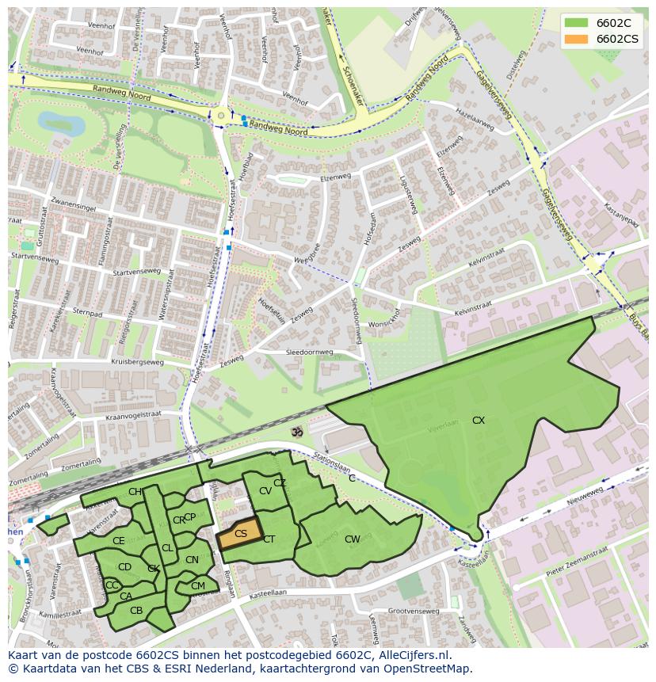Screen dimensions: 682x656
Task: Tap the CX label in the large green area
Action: coord(479,421)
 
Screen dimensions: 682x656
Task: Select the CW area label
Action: coord(353,539)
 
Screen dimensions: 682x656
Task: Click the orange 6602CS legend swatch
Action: coord(575,39)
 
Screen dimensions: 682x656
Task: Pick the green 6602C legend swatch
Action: coord(575,23)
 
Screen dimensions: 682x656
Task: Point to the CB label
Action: coord(136,610)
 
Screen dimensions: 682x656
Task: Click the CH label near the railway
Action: coord(135,492)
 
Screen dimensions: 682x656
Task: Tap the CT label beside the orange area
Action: coord(269,539)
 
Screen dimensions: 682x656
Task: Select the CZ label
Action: coord(280,483)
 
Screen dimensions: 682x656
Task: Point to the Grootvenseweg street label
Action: coord(414,611)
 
